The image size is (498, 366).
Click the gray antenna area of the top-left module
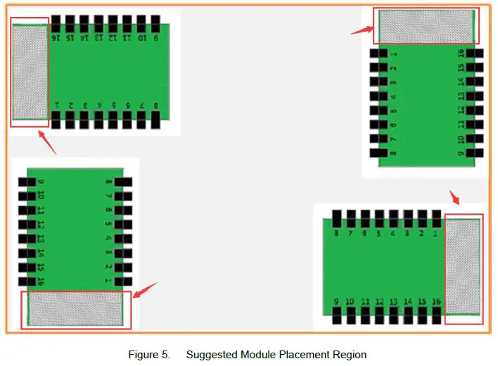point(30,72)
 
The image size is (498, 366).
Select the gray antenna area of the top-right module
point(426,26)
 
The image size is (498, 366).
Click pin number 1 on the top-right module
point(393,54)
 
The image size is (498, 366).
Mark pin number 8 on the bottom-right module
point(336,233)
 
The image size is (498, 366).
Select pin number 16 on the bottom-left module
point(41,282)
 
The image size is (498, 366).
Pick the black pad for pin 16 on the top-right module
point(475,53)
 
